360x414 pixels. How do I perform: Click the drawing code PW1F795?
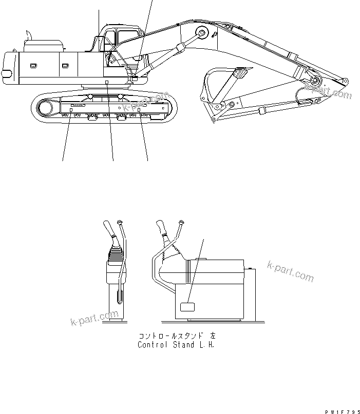click(341, 410)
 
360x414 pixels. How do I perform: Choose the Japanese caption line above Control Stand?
click(177, 336)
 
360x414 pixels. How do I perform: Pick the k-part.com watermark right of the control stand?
click(290, 270)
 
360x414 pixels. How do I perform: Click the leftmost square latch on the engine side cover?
click(33, 66)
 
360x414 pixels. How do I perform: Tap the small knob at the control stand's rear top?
click(250, 267)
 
